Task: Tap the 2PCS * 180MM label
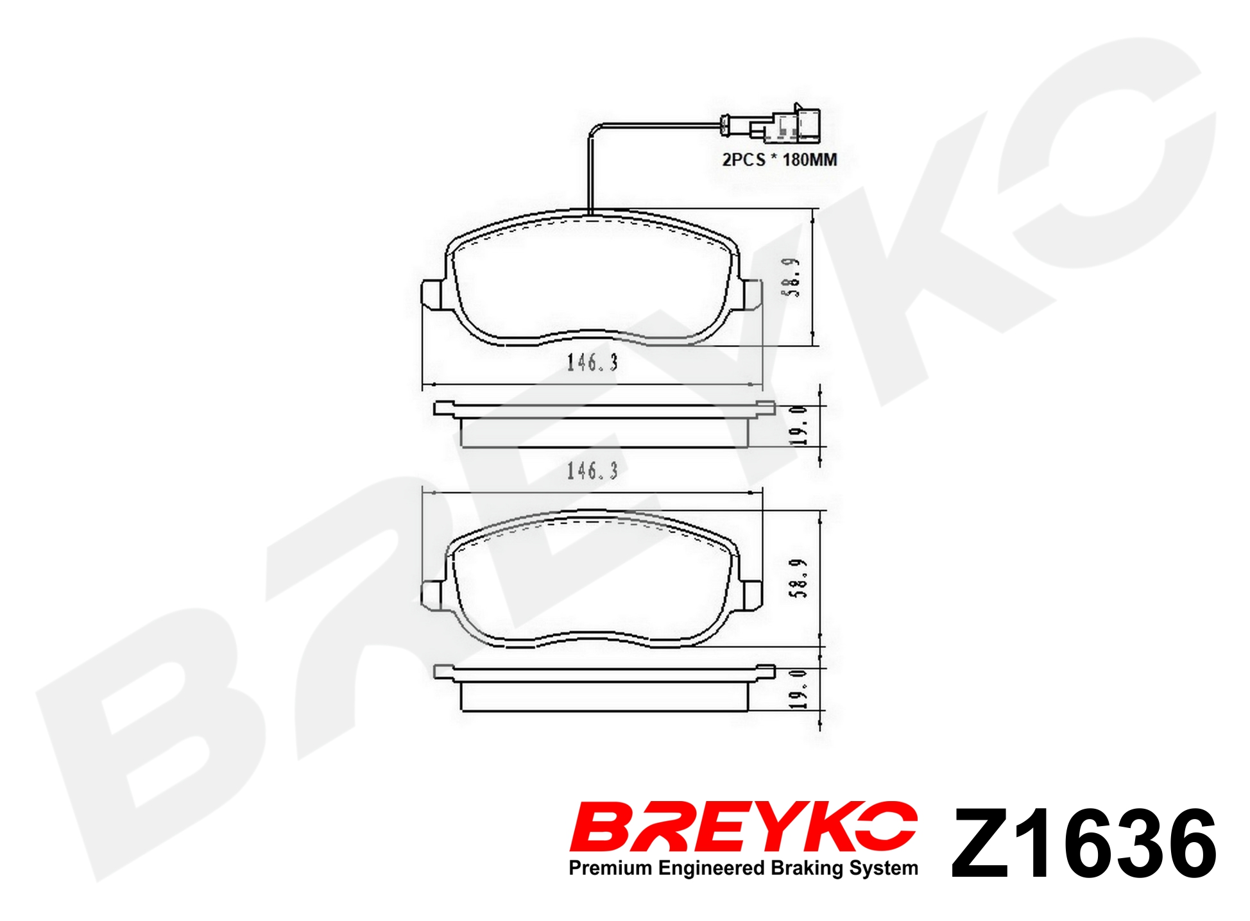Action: [780, 160]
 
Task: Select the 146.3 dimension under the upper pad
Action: [592, 363]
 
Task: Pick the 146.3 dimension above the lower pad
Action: [592, 471]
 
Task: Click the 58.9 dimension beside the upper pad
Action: [793, 277]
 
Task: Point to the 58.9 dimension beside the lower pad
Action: [800, 578]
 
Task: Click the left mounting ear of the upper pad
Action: [432, 295]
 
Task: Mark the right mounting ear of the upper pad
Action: [751, 295]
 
